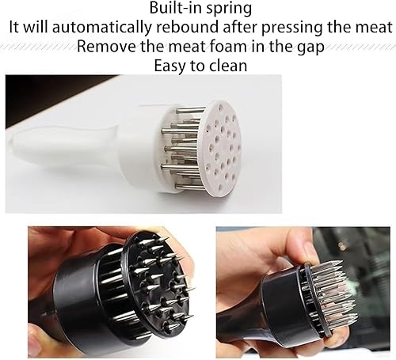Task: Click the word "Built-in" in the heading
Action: click(x=176, y=8)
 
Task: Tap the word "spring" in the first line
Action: click(x=229, y=9)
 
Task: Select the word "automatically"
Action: click(x=101, y=28)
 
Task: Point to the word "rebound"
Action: click(x=187, y=27)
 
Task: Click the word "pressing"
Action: click(x=291, y=28)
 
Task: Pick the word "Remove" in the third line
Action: click(x=107, y=47)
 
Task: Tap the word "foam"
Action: click(x=229, y=46)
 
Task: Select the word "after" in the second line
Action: click(x=240, y=27)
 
